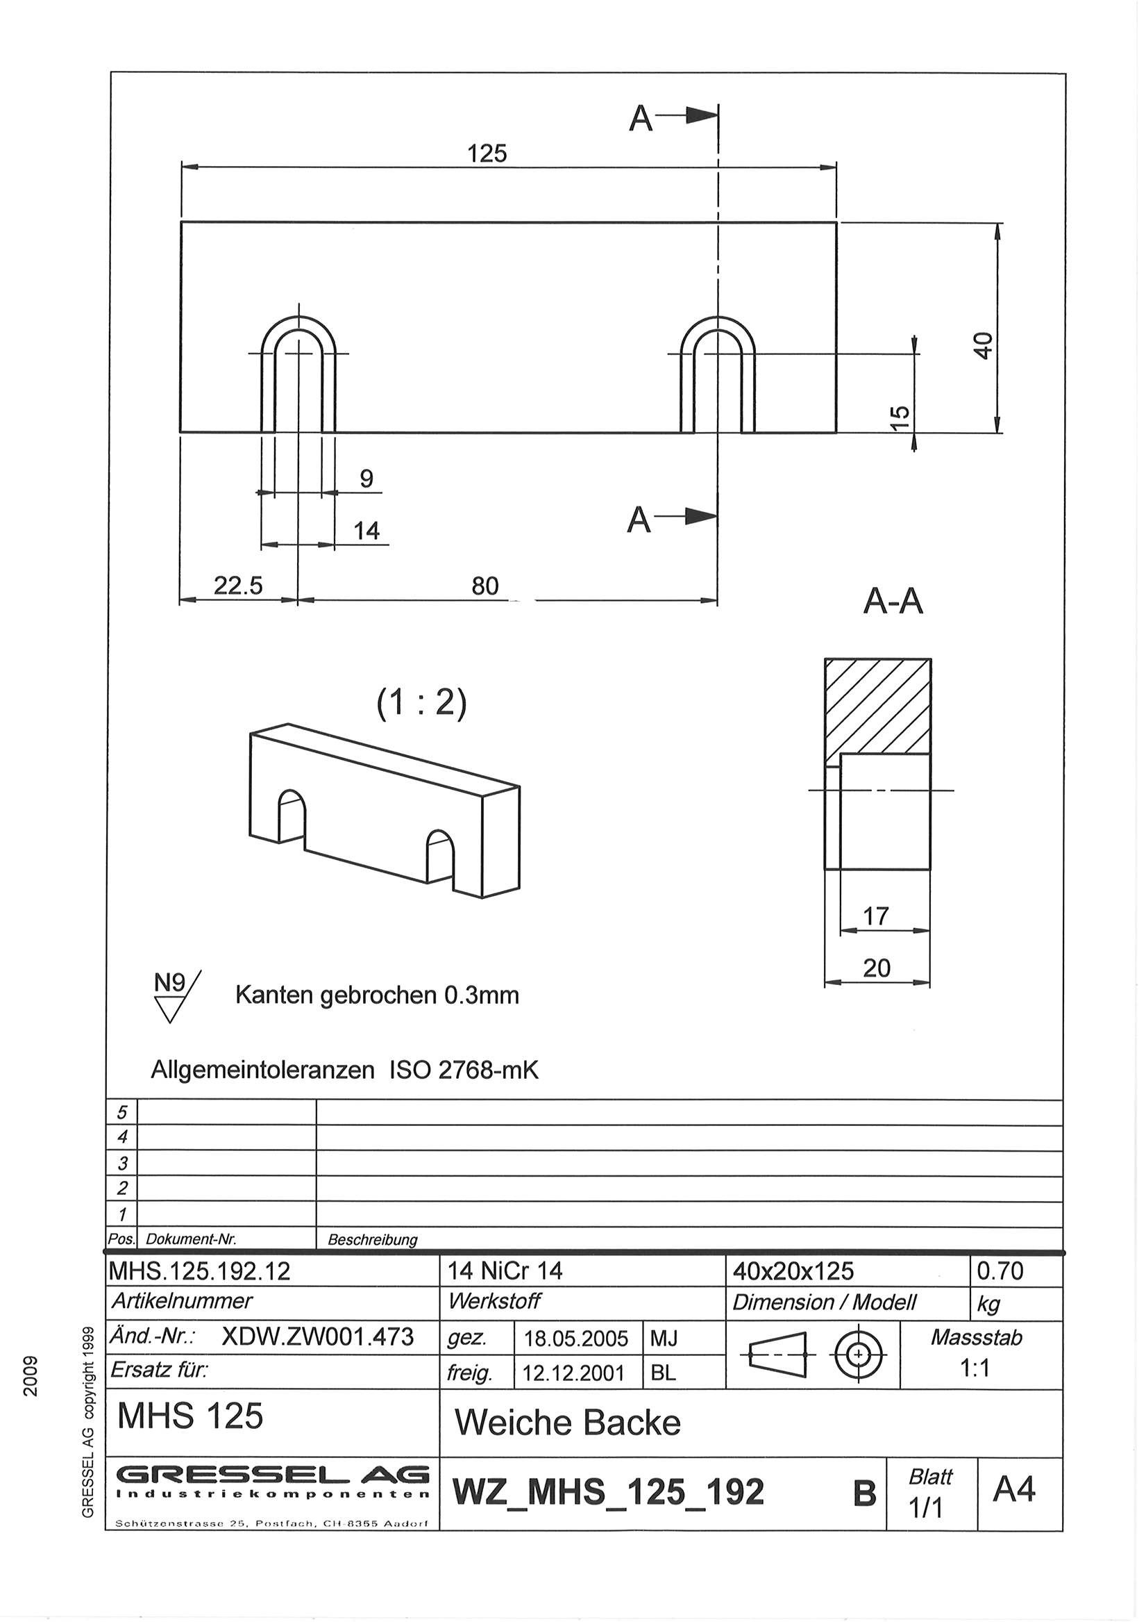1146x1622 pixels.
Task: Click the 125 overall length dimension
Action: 487,154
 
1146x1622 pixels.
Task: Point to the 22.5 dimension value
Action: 238,586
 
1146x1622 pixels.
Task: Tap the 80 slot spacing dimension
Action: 485,586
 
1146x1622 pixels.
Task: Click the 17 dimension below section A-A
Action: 875,916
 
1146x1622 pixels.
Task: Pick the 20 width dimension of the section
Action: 876,967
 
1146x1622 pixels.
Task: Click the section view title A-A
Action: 893,602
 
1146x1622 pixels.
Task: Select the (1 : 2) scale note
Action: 421,703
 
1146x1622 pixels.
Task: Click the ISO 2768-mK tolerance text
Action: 464,1070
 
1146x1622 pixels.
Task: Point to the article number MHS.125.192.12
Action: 199,1272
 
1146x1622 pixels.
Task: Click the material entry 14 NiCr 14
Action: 505,1272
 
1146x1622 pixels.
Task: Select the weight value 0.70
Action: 1000,1272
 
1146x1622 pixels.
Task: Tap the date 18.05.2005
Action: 575,1339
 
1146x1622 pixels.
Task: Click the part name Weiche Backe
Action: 568,1423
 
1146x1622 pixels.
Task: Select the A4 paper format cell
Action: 1014,1490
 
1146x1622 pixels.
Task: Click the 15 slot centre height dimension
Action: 900,417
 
